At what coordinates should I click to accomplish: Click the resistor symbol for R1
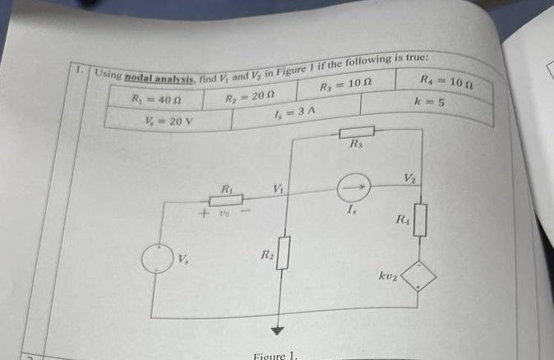pos(225,200)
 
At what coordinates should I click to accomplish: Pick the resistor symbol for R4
pos(420,220)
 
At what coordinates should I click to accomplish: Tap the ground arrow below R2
pos(277,330)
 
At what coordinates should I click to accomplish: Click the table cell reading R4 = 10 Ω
pos(445,82)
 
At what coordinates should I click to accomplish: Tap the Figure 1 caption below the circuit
pos(278,355)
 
